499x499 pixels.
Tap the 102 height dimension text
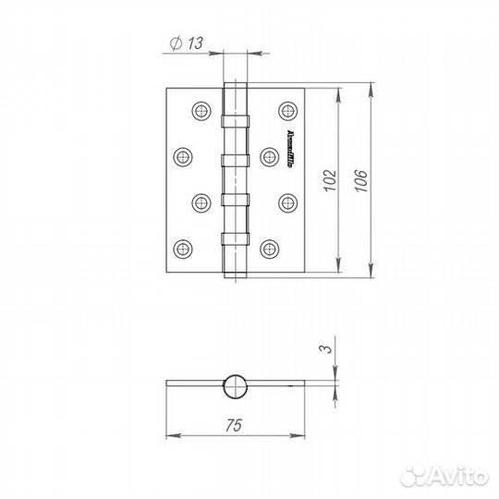[324, 180]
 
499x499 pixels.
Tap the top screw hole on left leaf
[201, 111]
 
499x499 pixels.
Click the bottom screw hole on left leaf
[182, 248]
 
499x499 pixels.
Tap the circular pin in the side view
[236, 384]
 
